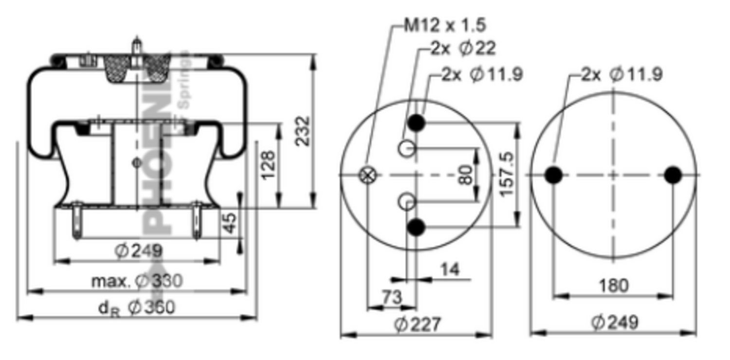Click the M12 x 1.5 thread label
pyautogui.click(x=445, y=24)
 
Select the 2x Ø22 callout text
pyautogui.click(x=463, y=48)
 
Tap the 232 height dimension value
pyautogui.click(x=303, y=130)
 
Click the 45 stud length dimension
pyautogui.click(x=230, y=222)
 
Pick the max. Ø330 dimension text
pyautogui.click(x=137, y=281)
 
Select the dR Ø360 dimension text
pyautogui.click(x=136, y=307)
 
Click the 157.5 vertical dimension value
pyautogui.click(x=507, y=174)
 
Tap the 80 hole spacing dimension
pyautogui.click(x=466, y=175)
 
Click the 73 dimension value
pyautogui.click(x=391, y=296)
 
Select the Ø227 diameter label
pyautogui.click(x=417, y=324)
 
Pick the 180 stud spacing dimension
pyautogui.click(x=613, y=285)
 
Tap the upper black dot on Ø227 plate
pyautogui.click(x=416, y=123)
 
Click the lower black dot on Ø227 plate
pyautogui.click(x=416, y=227)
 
